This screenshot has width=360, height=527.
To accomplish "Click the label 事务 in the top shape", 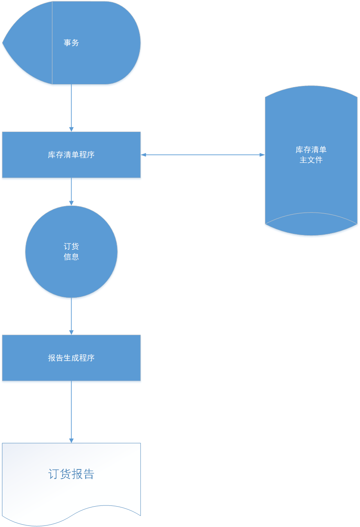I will [x=71, y=43].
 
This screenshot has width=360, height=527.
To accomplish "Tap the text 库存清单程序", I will [x=71, y=155].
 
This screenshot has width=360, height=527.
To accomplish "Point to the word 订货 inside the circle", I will [x=71, y=246].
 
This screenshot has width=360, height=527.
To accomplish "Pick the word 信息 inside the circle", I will [x=71, y=257].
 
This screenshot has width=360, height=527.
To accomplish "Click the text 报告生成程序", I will [x=71, y=358].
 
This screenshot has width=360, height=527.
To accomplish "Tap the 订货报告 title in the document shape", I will [x=71, y=474].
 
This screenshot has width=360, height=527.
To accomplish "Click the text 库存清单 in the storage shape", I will [x=311, y=150].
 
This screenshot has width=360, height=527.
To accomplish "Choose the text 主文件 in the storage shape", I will [x=311, y=160].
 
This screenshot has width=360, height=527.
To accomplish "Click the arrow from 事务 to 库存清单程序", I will [x=71, y=106].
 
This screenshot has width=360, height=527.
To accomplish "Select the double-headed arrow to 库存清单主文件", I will [x=203, y=155].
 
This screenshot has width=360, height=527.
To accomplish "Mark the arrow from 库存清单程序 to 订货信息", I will [x=71, y=190].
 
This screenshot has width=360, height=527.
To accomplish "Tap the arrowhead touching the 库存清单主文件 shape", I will [x=262, y=155].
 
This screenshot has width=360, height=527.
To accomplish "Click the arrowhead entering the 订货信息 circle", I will [x=71, y=203].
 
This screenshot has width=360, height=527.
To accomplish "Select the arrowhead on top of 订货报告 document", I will [x=71, y=440].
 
